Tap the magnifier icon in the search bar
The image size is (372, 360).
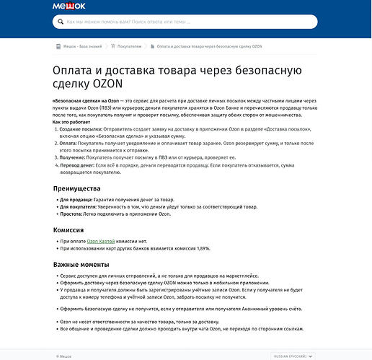tap(60, 22)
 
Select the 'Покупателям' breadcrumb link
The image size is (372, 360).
tap(128, 46)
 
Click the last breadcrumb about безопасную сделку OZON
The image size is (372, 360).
tap(209, 46)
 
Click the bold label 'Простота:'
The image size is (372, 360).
tap(73, 214)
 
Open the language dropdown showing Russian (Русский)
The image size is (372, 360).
tap(293, 356)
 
